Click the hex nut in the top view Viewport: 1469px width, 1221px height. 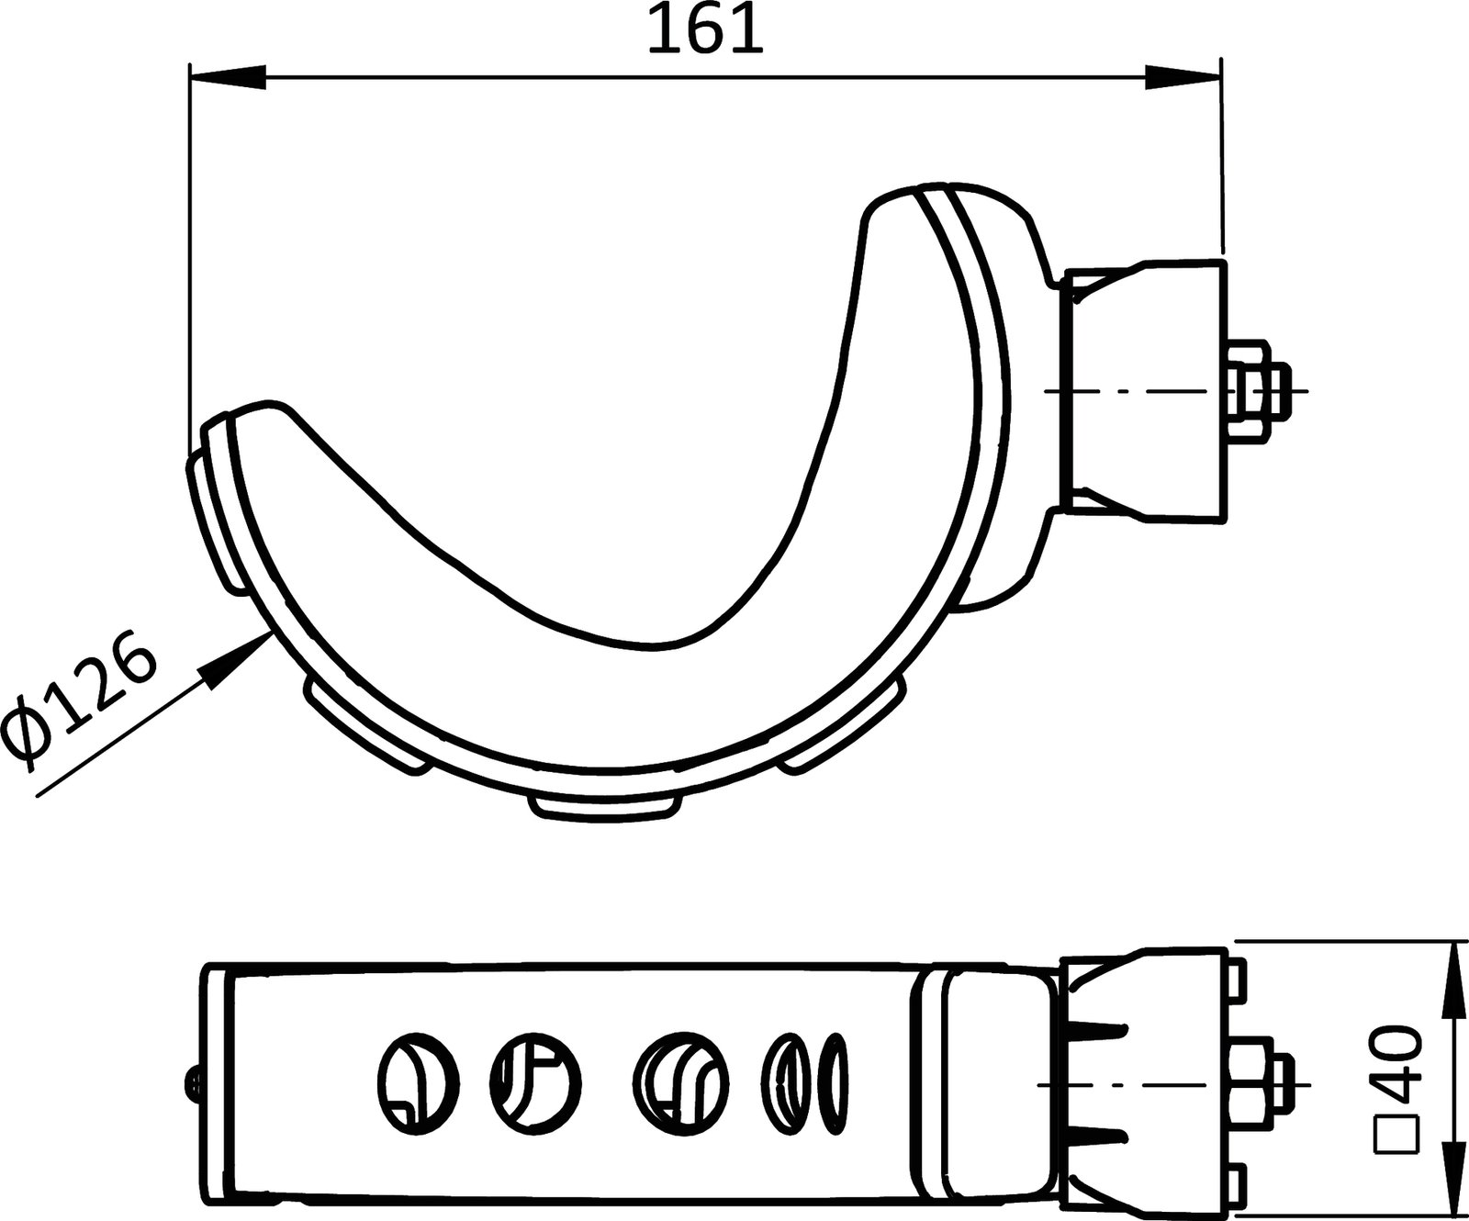coord(1252,391)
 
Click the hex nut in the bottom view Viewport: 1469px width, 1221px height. coord(1258,1083)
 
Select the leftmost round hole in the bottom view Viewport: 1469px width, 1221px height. coord(418,1078)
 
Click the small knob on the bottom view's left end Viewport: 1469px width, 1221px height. coord(193,1081)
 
